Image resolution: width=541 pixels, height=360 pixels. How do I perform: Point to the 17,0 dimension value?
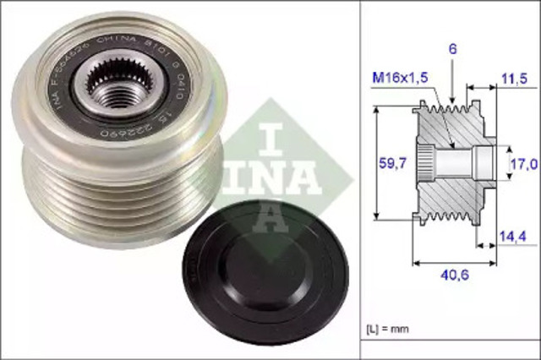tap(522, 165)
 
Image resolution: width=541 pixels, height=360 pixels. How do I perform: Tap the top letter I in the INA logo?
tap(272, 135)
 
